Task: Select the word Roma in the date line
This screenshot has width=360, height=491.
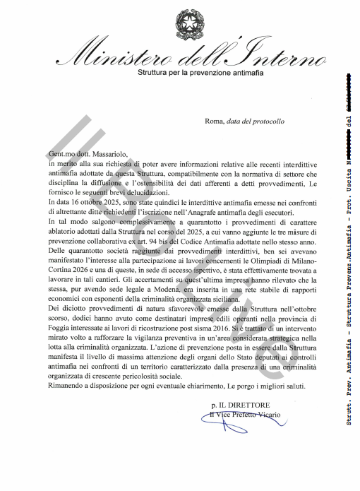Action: [213, 121]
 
